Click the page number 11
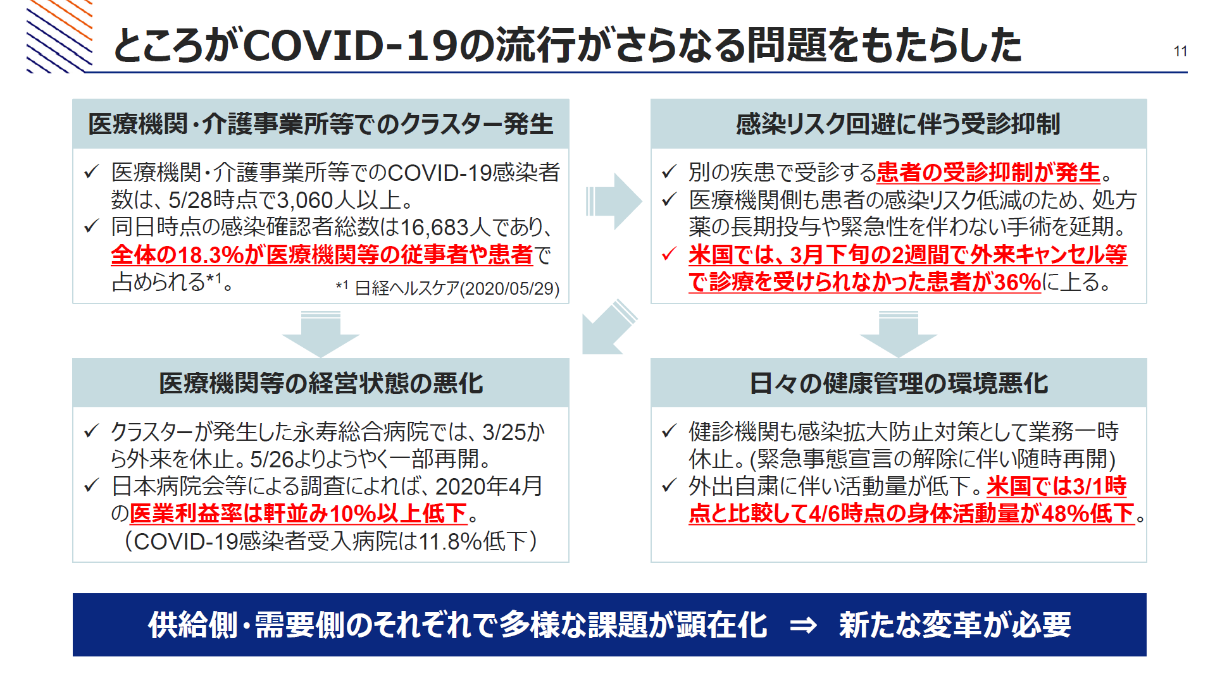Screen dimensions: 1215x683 pos(1180,51)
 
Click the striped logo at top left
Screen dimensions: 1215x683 pos(59,36)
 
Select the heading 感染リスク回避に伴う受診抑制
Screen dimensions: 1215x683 pos(898,124)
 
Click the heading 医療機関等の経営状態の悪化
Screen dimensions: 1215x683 pos(321,383)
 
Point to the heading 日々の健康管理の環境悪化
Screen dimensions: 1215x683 pos(899,383)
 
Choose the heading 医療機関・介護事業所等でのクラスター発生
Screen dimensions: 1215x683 pos(321,124)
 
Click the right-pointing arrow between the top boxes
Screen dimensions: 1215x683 pos(613,201)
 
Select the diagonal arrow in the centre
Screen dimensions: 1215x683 pos(609,327)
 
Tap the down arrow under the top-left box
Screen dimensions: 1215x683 pos(321,334)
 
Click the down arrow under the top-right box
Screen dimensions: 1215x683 pos(899,334)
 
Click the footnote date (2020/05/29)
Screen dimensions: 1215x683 pos(509,288)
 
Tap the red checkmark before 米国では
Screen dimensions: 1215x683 pos(670,254)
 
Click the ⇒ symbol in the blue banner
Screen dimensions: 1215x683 pos(803,625)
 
